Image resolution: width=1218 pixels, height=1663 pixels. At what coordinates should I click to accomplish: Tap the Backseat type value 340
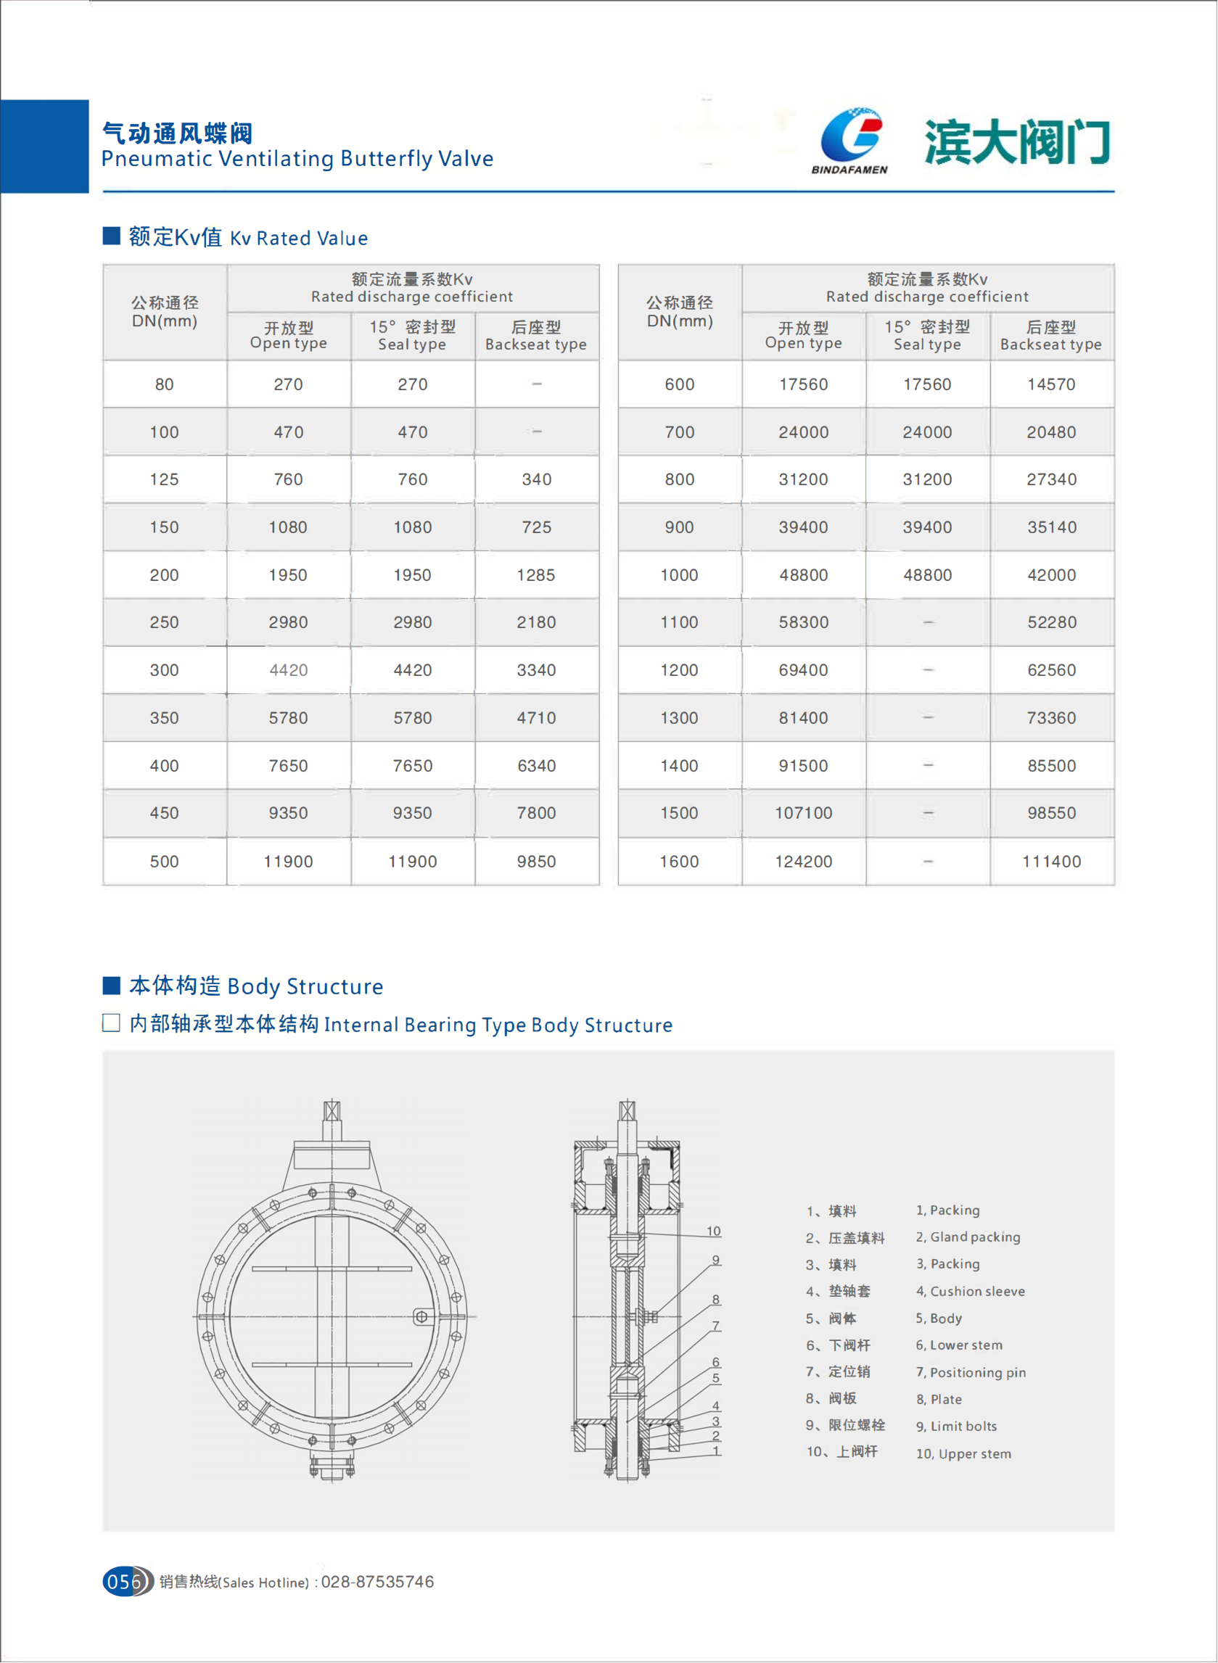536,480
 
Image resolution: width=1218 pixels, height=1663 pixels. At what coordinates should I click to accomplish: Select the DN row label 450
164,813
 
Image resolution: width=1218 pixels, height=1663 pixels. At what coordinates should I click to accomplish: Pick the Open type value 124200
803,862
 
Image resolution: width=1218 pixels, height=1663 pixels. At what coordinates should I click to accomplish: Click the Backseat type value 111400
1051,862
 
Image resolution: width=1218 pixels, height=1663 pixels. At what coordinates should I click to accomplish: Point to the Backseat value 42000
1051,575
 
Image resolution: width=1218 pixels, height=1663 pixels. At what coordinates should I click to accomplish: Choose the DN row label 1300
679,718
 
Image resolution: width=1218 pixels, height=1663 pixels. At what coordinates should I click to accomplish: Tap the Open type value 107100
803,813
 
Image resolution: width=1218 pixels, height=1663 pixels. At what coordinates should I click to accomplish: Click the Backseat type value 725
536,528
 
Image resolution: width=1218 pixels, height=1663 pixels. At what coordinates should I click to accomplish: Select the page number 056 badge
125,1581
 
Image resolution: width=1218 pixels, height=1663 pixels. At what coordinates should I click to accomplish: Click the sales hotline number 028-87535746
377,1582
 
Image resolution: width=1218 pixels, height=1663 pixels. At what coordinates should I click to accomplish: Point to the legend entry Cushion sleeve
976,1292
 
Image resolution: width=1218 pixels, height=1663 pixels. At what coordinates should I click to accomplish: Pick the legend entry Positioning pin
977,1373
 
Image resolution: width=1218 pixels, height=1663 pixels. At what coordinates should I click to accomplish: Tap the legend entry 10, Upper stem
963,1453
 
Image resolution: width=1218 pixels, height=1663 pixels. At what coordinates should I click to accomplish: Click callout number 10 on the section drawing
714,1231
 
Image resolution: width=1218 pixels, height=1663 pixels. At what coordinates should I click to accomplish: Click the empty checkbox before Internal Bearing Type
111,1023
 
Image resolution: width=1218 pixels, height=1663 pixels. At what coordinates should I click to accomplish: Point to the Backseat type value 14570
1051,385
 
